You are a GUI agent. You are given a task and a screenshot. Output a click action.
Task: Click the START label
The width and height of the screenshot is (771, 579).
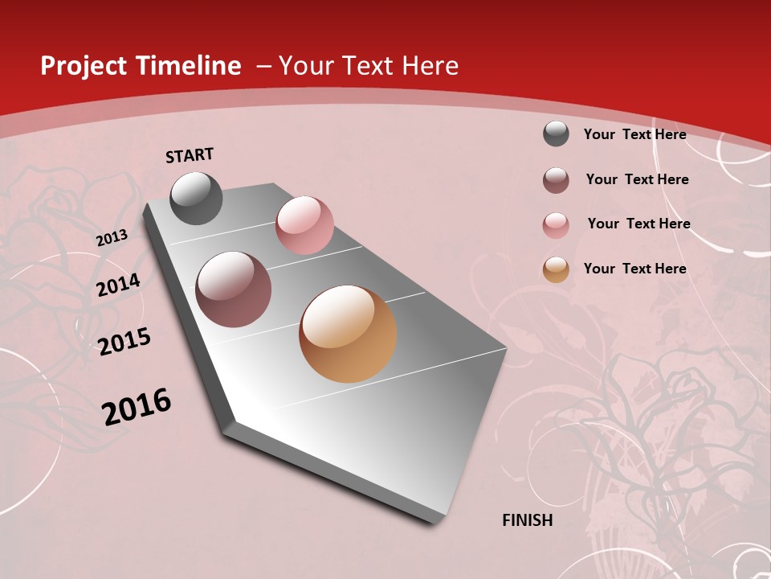click(x=190, y=155)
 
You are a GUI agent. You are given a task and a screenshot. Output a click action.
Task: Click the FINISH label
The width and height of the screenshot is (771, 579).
click(x=528, y=520)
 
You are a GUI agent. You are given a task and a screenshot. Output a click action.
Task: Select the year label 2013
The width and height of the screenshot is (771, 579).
click(x=112, y=238)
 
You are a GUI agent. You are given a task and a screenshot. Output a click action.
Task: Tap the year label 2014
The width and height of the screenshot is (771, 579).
click(x=119, y=285)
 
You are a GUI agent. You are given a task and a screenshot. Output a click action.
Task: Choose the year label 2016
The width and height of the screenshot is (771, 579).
click(x=137, y=407)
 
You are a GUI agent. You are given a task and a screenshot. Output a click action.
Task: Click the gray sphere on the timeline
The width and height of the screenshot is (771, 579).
click(x=197, y=198)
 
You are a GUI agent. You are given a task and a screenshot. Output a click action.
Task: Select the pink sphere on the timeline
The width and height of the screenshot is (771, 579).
click(x=304, y=225)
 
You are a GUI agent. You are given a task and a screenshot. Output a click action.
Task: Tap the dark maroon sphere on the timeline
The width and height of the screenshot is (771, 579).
click(x=234, y=289)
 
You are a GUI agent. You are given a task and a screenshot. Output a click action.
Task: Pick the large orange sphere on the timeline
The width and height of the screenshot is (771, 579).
click(x=348, y=334)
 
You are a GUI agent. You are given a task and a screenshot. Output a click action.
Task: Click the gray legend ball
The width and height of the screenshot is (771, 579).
click(x=556, y=133)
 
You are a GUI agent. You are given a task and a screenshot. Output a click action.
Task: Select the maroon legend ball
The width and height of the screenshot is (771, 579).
click(x=556, y=180)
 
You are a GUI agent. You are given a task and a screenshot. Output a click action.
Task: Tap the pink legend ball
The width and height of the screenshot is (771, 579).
click(x=556, y=225)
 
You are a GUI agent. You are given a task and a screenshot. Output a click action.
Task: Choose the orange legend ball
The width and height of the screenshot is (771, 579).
click(x=556, y=269)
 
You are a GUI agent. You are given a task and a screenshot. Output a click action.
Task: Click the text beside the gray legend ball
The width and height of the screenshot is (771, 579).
click(x=634, y=134)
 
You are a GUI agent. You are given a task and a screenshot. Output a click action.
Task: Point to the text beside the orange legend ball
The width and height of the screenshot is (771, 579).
click(x=634, y=269)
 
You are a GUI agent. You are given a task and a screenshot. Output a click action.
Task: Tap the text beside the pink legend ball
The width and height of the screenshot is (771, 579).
click(x=638, y=224)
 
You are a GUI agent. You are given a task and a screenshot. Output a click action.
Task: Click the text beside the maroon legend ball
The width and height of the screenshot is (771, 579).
click(x=637, y=179)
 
